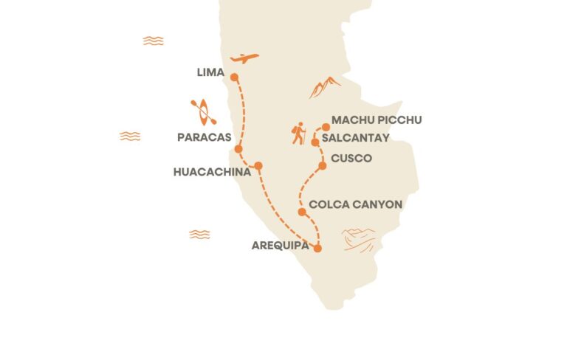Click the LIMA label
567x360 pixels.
pyautogui.click(x=210, y=72)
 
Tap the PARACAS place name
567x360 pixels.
pyautogui.click(x=205, y=137)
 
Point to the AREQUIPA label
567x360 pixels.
pyautogui.click(x=281, y=246)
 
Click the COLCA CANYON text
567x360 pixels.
pyautogui.click(x=356, y=204)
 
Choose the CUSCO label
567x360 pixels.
pyautogui.click(x=351, y=159)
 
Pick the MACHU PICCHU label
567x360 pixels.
pyautogui.click(x=377, y=120)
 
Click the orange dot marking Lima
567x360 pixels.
pyautogui.click(x=234, y=77)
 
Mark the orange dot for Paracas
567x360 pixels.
pyautogui.click(x=238, y=149)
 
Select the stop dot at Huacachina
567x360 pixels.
pyautogui.click(x=258, y=166)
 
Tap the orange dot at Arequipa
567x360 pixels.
pyautogui.click(x=317, y=249)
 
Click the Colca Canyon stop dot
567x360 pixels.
pyautogui.click(x=302, y=212)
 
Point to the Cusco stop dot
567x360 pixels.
pyautogui.click(x=322, y=166)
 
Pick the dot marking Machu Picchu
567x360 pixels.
pyautogui.click(x=326, y=127)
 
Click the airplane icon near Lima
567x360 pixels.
pyautogui.click(x=244, y=58)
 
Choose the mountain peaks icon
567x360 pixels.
pyautogui.click(x=325, y=87)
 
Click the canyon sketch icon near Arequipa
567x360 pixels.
pyautogui.click(x=360, y=238)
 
